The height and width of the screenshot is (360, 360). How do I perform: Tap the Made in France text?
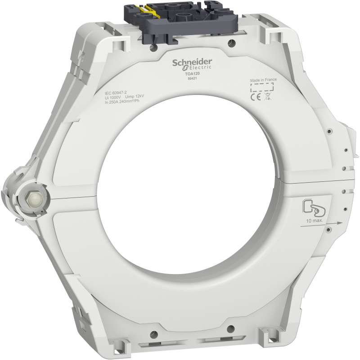tap(263, 79)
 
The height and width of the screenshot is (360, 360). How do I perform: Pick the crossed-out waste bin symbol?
tap(268, 95)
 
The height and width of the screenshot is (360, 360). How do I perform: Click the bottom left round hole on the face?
tap(156, 333)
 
